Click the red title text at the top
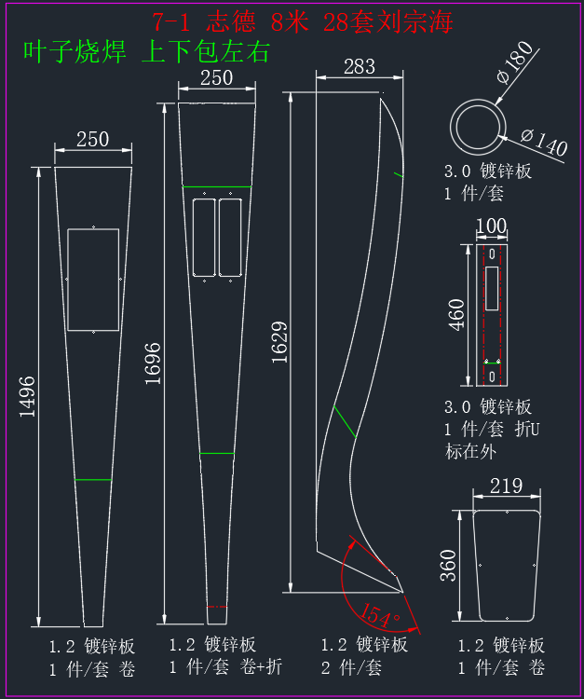coord(303,21)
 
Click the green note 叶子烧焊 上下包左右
coord(146,51)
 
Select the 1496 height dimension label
coord(27,397)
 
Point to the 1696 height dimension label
coord(153,363)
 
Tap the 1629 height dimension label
coord(279,342)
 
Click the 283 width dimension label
coord(360,67)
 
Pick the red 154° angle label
coord(380,615)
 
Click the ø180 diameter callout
coord(515,62)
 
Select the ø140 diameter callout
coord(544,143)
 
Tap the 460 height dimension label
coord(456,315)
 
